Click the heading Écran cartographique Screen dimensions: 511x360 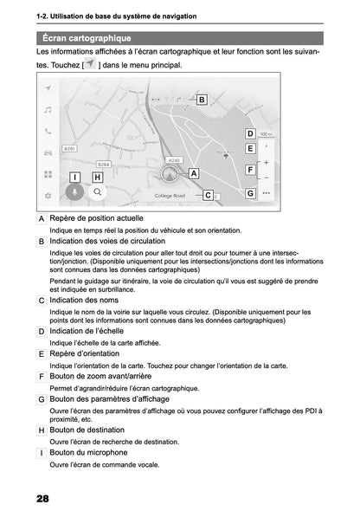(x=87, y=38)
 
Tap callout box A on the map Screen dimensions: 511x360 (x=193, y=173)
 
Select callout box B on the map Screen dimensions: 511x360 (x=201, y=100)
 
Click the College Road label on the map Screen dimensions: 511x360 (x=170, y=197)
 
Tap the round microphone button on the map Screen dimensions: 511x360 (x=75, y=193)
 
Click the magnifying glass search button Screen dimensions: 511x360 (x=98, y=193)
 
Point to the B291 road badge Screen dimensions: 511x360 (x=70, y=149)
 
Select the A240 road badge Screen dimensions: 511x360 (x=174, y=159)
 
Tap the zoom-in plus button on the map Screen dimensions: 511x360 (x=266, y=162)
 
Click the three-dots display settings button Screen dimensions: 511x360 (x=266, y=193)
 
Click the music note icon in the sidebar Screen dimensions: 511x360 (x=48, y=110)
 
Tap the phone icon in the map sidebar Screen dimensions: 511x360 (x=48, y=132)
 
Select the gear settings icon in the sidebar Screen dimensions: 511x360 (x=48, y=196)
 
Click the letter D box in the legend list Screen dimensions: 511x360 (x=42, y=332)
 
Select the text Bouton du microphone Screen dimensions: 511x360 (x=88, y=452)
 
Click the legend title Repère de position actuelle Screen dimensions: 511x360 (x=97, y=219)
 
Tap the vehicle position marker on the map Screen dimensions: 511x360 (x=170, y=172)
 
